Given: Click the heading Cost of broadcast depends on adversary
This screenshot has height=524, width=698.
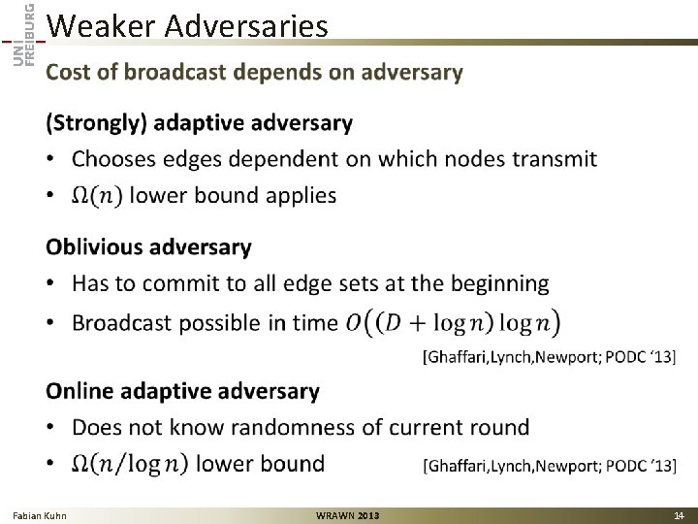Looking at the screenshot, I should [x=255, y=73].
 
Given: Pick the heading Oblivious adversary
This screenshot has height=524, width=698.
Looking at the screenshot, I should [x=148, y=246].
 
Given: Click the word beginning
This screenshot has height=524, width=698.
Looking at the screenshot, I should [x=495, y=284].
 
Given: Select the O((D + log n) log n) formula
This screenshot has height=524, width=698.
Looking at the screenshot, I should [x=453, y=322].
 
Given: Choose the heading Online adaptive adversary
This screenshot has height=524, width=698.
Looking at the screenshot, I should [x=183, y=391].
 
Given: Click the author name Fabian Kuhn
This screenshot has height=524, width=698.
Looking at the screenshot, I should [x=40, y=514].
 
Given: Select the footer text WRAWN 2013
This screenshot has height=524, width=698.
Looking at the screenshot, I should [x=348, y=514].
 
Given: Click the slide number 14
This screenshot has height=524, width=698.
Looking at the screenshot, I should [x=679, y=514].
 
